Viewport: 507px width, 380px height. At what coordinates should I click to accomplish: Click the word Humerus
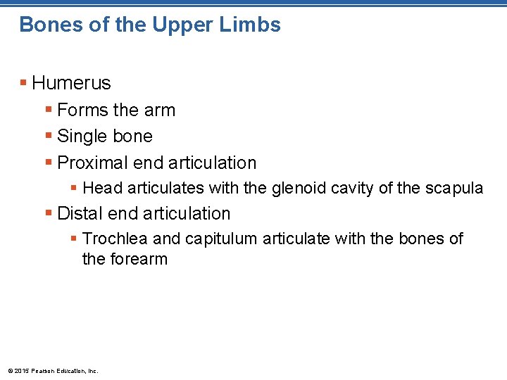click(x=71, y=83)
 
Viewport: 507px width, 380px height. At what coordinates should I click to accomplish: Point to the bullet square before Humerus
click(x=24, y=83)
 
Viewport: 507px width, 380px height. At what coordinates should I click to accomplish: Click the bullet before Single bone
click(x=49, y=136)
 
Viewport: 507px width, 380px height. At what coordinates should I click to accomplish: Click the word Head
click(x=103, y=188)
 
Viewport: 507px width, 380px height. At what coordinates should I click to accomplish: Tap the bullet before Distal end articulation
click(x=49, y=213)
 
